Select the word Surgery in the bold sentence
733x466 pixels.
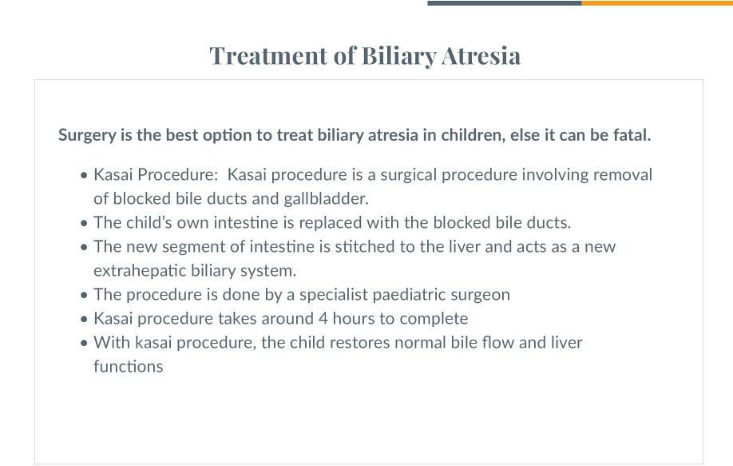coord(87,135)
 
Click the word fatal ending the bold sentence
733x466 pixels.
coord(631,135)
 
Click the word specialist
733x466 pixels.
coord(333,294)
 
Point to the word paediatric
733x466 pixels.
coord(408,294)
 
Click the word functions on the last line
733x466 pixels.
coord(128,367)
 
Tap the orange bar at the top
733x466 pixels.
coord(656,2)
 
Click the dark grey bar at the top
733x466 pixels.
coord(504,2)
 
